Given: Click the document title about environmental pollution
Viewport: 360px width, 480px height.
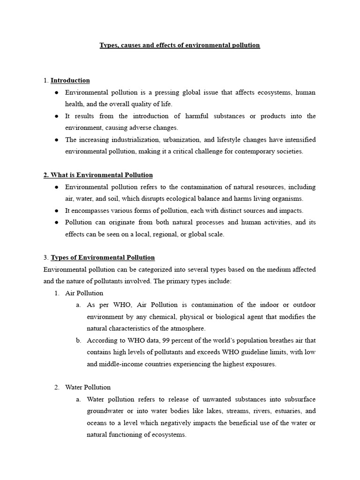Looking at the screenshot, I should coord(180,45).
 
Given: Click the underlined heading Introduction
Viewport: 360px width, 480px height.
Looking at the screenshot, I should coord(70,81).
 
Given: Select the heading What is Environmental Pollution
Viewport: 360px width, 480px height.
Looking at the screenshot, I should coord(98,175).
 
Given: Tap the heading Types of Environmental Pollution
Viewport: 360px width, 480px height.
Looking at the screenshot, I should coord(102,257).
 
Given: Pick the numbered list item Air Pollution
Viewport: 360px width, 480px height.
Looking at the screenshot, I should coord(84,293).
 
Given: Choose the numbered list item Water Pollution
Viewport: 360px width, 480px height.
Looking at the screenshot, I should coord(88,387).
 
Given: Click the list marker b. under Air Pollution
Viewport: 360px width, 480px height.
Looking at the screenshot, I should coord(78,340).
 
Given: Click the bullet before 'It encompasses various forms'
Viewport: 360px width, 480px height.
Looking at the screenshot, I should coord(57,211).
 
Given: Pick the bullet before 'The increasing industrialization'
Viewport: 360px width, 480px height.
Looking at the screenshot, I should coord(57,140).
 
